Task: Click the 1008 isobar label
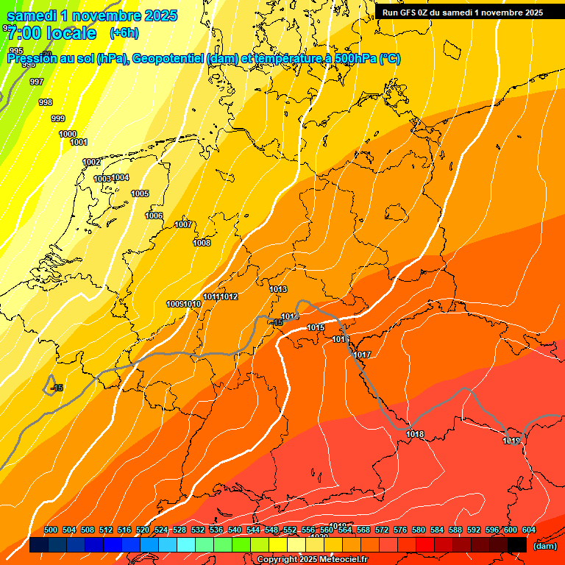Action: (x=202, y=243)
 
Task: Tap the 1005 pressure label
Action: (x=140, y=193)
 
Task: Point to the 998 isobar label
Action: (x=46, y=102)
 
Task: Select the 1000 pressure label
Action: (x=68, y=134)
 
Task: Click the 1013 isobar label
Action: (x=278, y=289)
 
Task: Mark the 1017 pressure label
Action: (x=362, y=355)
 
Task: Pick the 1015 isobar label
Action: (x=316, y=327)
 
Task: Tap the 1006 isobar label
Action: (x=154, y=216)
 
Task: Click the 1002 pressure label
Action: (x=91, y=162)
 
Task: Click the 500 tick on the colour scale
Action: (x=51, y=530)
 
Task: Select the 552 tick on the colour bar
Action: (x=290, y=530)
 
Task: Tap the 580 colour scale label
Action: (x=419, y=530)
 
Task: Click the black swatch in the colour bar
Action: (x=517, y=544)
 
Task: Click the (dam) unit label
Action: (x=544, y=545)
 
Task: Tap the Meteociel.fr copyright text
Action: (x=312, y=560)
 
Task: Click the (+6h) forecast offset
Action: (x=124, y=32)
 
